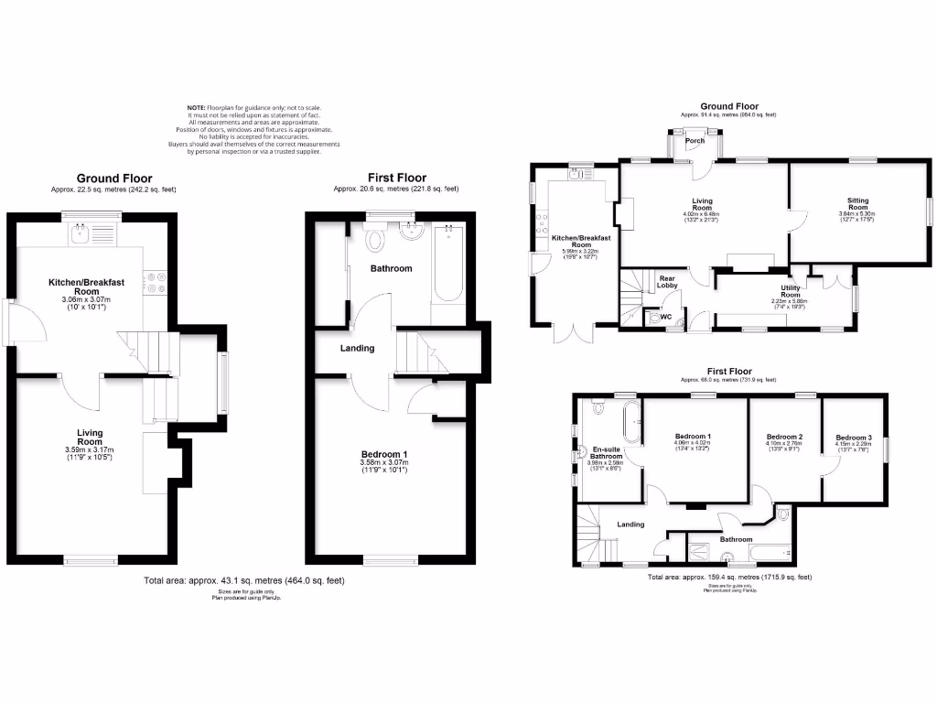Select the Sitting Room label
click(858, 203)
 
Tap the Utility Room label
click(790, 290)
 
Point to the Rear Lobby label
click(666, 282)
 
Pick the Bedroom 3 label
click(853, 438)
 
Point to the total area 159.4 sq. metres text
click(729, 578)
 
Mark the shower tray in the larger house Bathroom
click(696, 550)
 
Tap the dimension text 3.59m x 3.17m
click(90, 449)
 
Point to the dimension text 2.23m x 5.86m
click(790, 302)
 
